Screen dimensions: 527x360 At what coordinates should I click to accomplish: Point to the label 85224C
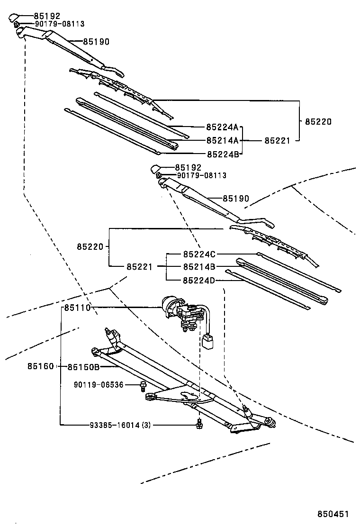pos(199,254)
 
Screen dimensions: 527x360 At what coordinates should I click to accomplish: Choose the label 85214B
pos(199,266)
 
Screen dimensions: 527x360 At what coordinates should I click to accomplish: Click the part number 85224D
pos(199,280)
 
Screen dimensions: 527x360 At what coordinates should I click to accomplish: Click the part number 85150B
pos(83,366)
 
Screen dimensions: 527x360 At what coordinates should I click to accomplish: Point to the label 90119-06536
pos(99,385)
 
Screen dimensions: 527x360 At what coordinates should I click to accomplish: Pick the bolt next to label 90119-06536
pos(142,386)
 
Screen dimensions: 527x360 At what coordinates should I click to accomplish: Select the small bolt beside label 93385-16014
pos(200,424)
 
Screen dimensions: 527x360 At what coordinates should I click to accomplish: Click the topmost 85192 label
pos(47,16)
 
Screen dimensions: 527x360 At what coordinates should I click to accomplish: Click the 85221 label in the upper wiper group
pos(277,140)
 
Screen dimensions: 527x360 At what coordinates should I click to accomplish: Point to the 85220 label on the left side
pos(90,246)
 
